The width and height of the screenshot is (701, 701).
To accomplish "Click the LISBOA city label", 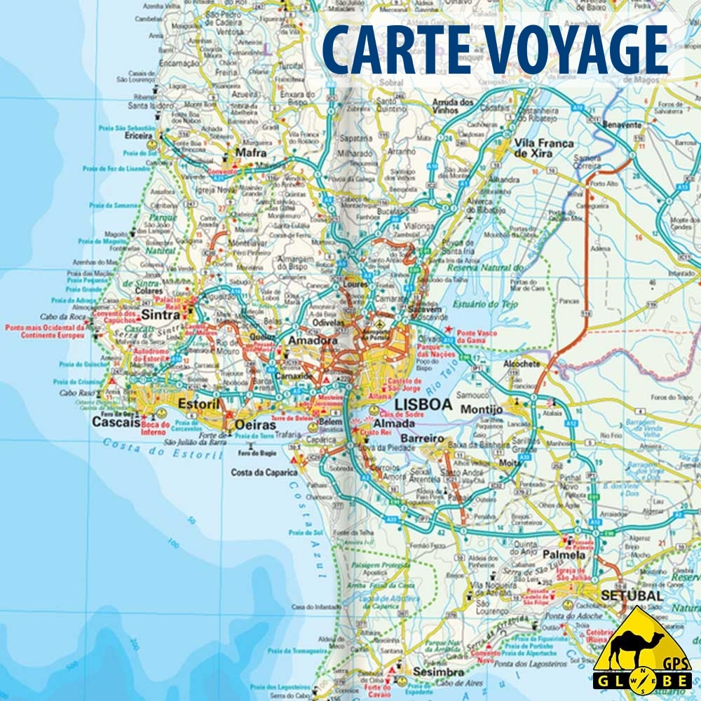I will pos(423,404).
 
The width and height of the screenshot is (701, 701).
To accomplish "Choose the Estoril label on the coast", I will pos(199,404).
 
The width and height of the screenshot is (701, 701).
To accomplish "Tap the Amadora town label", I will pos(313,340).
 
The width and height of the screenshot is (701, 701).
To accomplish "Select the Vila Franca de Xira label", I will pos(544,148).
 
